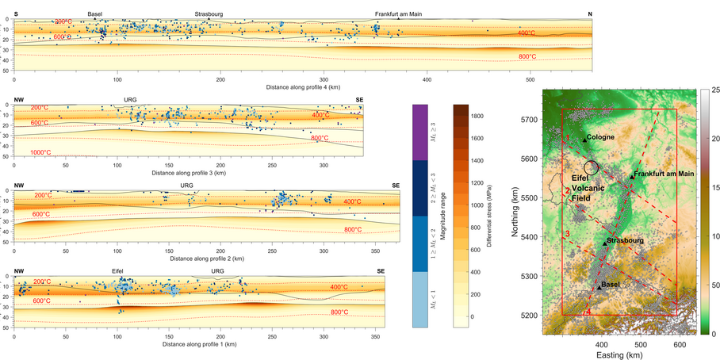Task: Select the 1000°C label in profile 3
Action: pyautogui.click(x=41, y=152)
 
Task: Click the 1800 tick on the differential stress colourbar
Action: pyautogui.click(x=480, y=116)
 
